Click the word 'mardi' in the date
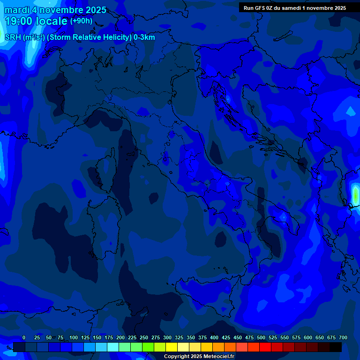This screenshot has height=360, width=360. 17,10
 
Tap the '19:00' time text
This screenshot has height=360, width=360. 18,21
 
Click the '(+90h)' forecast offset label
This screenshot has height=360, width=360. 81,21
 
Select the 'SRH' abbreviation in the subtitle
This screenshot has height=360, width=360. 13,37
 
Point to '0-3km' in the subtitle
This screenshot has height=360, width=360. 144,37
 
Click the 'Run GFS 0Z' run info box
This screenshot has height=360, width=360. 295,7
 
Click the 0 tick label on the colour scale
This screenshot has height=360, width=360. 24,337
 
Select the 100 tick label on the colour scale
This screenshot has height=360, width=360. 74,337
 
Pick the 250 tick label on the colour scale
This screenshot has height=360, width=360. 144,337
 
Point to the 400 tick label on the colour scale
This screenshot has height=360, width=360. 214,337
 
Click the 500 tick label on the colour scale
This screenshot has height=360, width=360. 261,337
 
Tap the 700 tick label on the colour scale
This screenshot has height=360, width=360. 343,337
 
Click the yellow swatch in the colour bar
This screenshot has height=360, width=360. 172,347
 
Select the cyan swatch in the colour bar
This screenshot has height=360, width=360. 113,347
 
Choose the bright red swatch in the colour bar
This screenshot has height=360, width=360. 265,347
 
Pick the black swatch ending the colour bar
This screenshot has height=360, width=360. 336,347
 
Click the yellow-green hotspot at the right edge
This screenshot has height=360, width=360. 355,195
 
